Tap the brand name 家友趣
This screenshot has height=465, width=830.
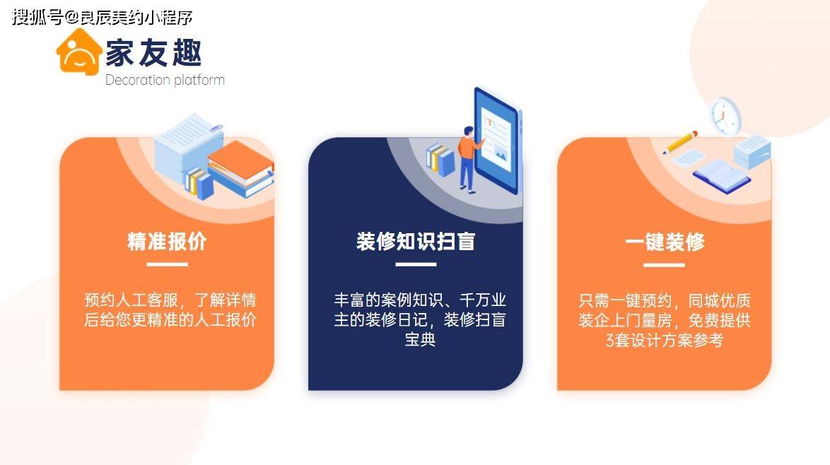tap(153, 53)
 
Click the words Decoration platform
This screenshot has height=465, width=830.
tap(165, 80)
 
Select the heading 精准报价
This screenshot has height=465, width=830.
tap(167, 241)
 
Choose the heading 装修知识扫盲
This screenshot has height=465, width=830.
tap(416, 241)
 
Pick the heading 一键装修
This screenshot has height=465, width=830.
tap(665, 242)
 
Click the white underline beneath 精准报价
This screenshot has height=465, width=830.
tap(168, 264)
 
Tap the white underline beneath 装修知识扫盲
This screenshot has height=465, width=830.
tap(416, 264)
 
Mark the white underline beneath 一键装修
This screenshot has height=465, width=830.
tap(665, 264)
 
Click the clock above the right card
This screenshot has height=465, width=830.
tap(725, 116)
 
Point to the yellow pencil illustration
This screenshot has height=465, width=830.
tap(680, 142)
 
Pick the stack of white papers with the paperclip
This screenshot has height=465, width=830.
tap(189, 143)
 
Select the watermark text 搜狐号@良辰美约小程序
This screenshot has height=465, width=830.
tap(103, 17)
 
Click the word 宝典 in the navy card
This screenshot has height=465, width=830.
tap(420, 340)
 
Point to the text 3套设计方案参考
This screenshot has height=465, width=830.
tap(665, 340)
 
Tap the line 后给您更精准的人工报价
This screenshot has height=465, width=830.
tap(170, 319)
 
